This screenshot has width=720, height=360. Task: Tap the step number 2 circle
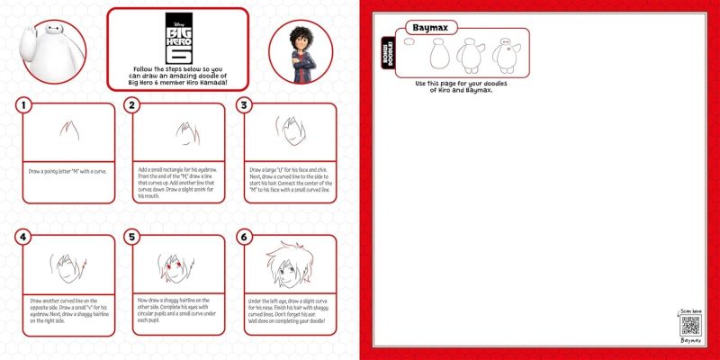point(132,105)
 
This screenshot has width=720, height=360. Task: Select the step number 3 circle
point(243,105)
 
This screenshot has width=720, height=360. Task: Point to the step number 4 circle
point(24,238)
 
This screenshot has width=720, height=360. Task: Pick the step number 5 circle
point(132,238)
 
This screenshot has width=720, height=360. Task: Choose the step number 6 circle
point(243,238)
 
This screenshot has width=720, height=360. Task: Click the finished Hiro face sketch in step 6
point(289,266)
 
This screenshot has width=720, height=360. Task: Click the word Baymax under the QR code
point(690,342)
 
